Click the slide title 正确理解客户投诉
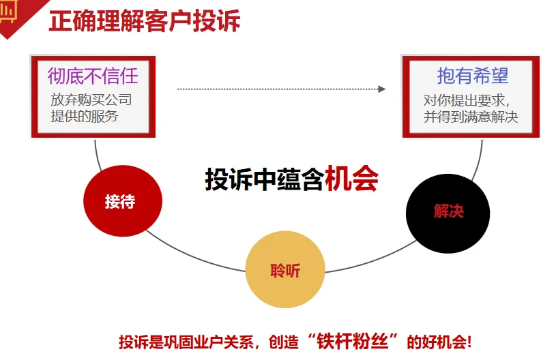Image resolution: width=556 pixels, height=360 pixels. pyautogui.click(x=144, y=20)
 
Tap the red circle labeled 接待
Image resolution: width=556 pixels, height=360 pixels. pyautogui.click(x=122, y=201)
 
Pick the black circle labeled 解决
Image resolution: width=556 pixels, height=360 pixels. pyautogui.click(x=448, y=212)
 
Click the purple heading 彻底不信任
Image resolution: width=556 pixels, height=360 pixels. pyautogui.click(x=93, y=76)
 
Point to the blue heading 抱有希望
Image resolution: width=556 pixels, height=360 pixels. pyautogui.click(x=473, y=76)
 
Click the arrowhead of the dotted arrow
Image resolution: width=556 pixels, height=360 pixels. pyautogui.click(x=382, y=89)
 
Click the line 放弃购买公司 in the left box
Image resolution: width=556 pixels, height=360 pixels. pyautogui.click(x=91, y=100)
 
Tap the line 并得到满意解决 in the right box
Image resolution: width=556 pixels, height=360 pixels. pyautogui.click(x=471, y=117)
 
